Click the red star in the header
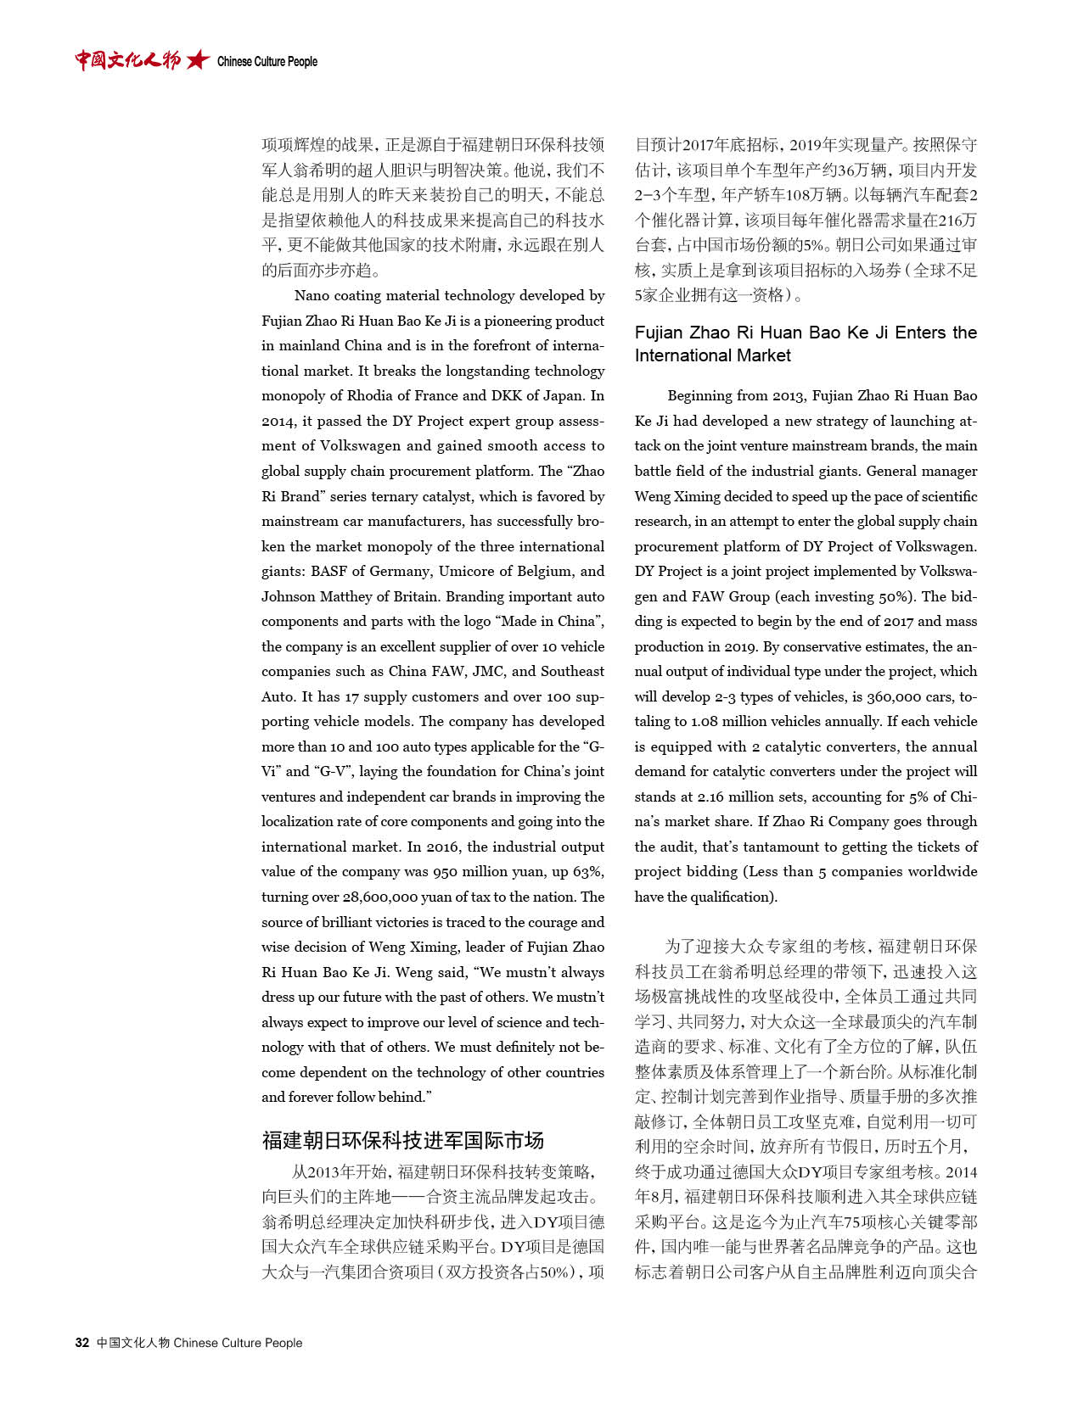[198, 60]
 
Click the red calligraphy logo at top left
[127, 60]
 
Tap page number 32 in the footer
[82, 1343]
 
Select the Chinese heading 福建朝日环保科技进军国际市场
[402, 1140]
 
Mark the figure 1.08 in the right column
[707, 721]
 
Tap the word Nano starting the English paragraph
[312, 295]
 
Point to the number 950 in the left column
[445, 871]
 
